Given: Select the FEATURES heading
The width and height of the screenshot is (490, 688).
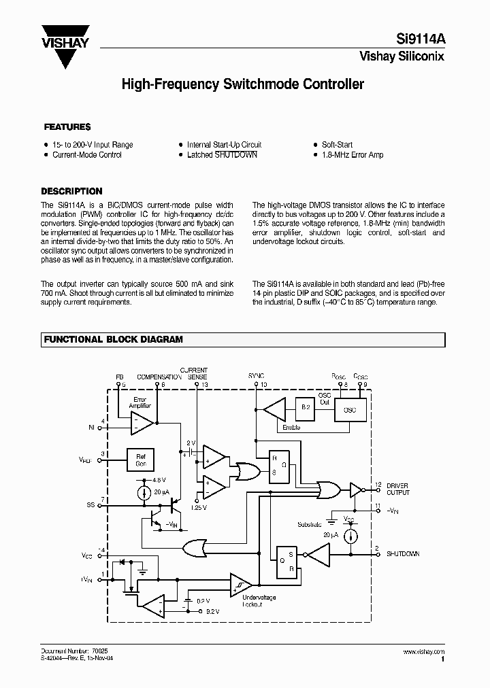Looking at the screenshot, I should pos(67,127).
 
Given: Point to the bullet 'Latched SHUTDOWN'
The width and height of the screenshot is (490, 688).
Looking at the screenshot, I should pos(222,155).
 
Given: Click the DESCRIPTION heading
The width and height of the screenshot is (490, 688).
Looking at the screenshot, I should pos(71,191).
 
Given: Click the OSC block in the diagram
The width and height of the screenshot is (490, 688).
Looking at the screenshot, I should pos(350,411).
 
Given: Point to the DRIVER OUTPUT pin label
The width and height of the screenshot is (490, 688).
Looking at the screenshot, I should pos(399,489).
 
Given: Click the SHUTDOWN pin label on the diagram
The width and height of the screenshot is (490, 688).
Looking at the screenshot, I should pos(403,553).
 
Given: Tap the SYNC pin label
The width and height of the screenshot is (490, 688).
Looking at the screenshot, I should pos(257,375).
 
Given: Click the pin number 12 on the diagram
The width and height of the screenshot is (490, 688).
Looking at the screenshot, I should pos(378,485).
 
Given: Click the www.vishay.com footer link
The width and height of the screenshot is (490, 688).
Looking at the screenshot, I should pos(427,651).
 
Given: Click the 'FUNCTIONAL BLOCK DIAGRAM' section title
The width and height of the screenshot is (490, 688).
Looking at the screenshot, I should pos(113,339).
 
